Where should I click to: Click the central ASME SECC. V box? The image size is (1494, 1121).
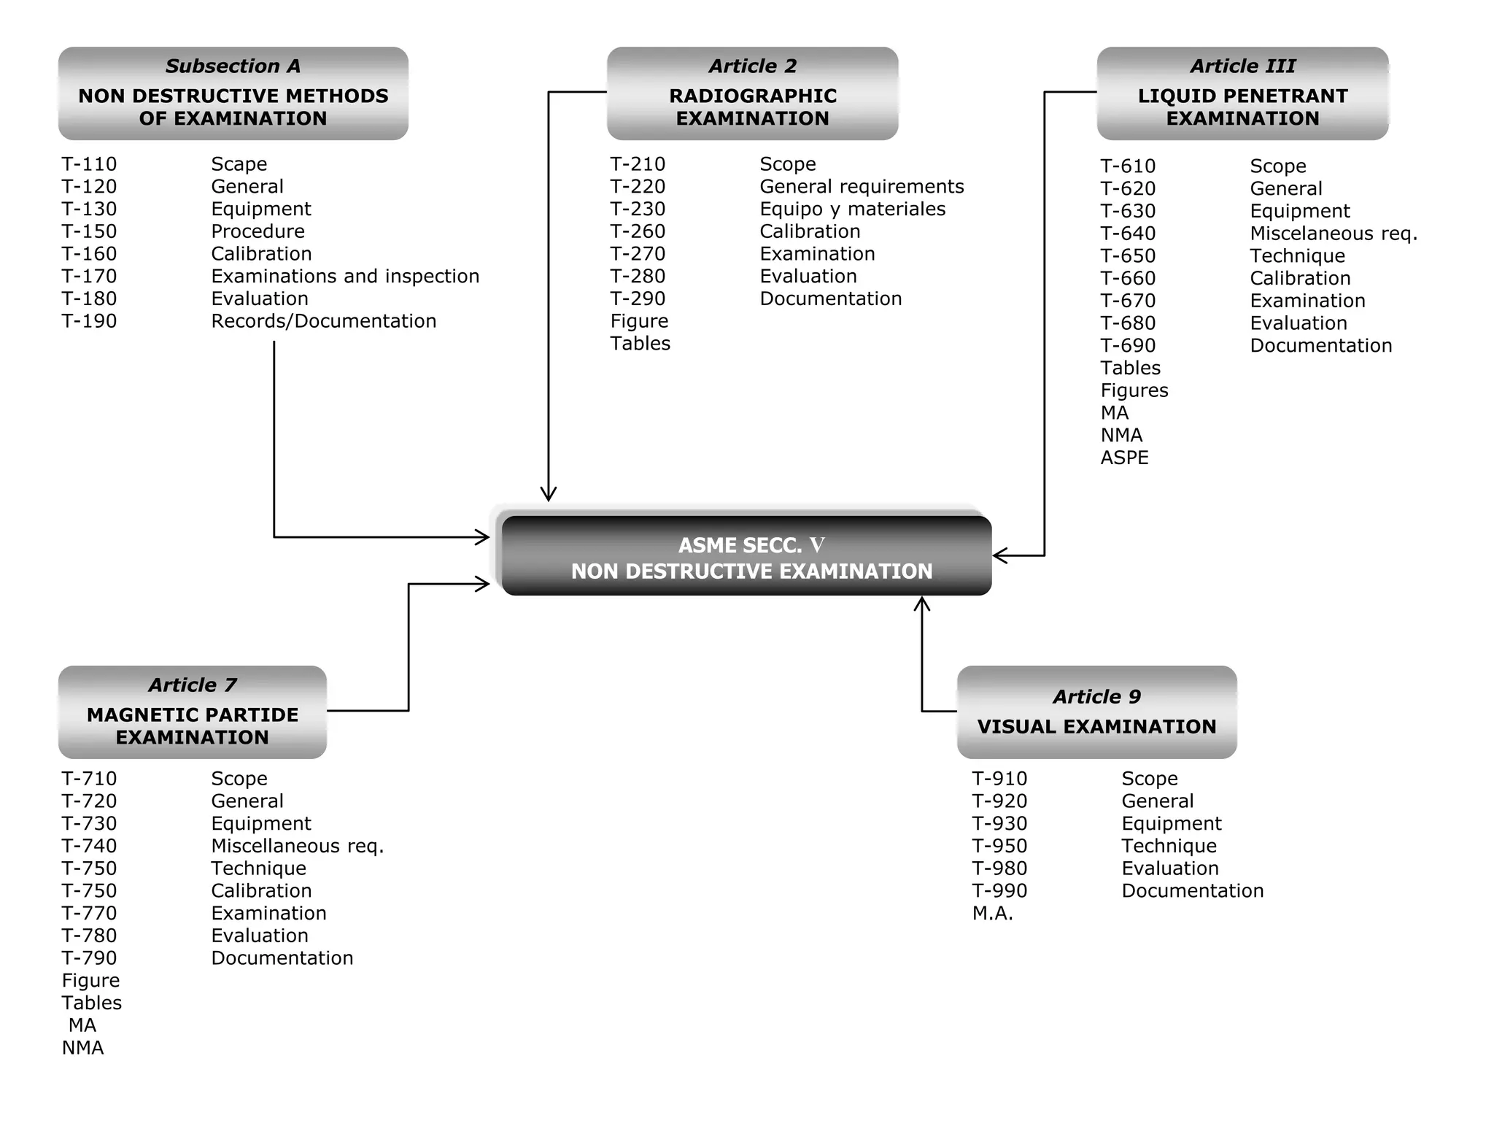tap(746, 557)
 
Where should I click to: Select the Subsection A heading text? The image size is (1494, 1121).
tap(233, 66)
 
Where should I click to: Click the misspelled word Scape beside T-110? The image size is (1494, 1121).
tap(239, 164)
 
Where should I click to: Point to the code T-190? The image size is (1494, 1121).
tap(89, 321)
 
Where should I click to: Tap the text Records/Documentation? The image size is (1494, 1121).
tap(323, 321)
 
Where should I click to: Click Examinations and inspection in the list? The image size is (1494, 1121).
tap(345, 277)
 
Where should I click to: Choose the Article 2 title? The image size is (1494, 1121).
tap(752, 66)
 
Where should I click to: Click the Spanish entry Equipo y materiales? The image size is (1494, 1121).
tap(852, 209)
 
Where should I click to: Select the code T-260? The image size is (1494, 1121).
tap(638, 232)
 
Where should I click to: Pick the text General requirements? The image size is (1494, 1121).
tap(862, 187)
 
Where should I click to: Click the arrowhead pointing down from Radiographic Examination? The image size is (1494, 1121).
tap(549, 494)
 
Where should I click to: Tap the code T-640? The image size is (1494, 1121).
tap(1128, 234)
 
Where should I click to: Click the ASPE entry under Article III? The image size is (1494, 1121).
tap(1124, 458)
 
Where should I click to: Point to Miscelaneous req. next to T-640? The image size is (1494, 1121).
tap(1334, 234)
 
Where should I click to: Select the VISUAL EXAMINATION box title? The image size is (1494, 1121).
tap(1096, 727)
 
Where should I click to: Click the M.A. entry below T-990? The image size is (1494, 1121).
tap(992, 914)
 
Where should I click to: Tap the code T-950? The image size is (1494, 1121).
tap(999, 847)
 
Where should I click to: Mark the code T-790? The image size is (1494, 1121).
tap(89, 958)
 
